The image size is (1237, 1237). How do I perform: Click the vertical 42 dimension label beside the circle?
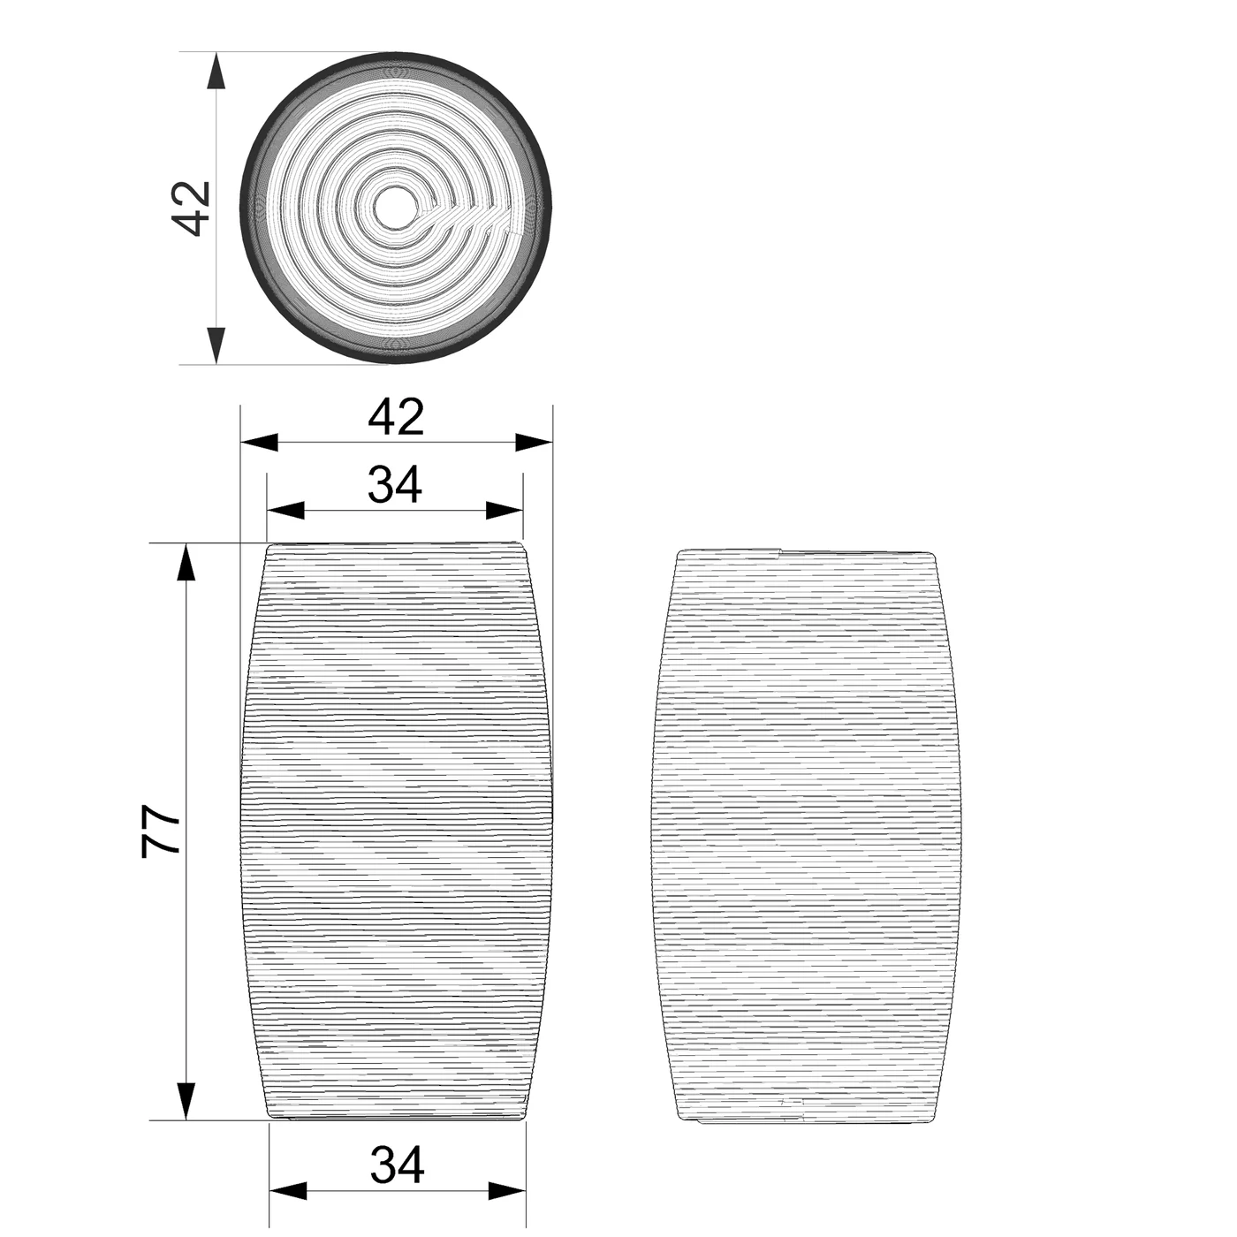[x=193, y=209]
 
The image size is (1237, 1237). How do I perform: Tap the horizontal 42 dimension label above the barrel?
[x=396, y=417]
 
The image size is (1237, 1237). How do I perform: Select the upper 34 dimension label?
[x=395, y=485]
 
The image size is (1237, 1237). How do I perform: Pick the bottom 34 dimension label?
[x=398, y=1165]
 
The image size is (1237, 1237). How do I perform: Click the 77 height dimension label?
[x=161, y=831]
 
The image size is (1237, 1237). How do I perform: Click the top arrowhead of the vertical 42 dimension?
[x=217, y=71]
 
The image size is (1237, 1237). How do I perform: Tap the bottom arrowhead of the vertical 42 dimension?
[x=217, y=345]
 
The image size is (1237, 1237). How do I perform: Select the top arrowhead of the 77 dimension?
[x=186, y=563]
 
